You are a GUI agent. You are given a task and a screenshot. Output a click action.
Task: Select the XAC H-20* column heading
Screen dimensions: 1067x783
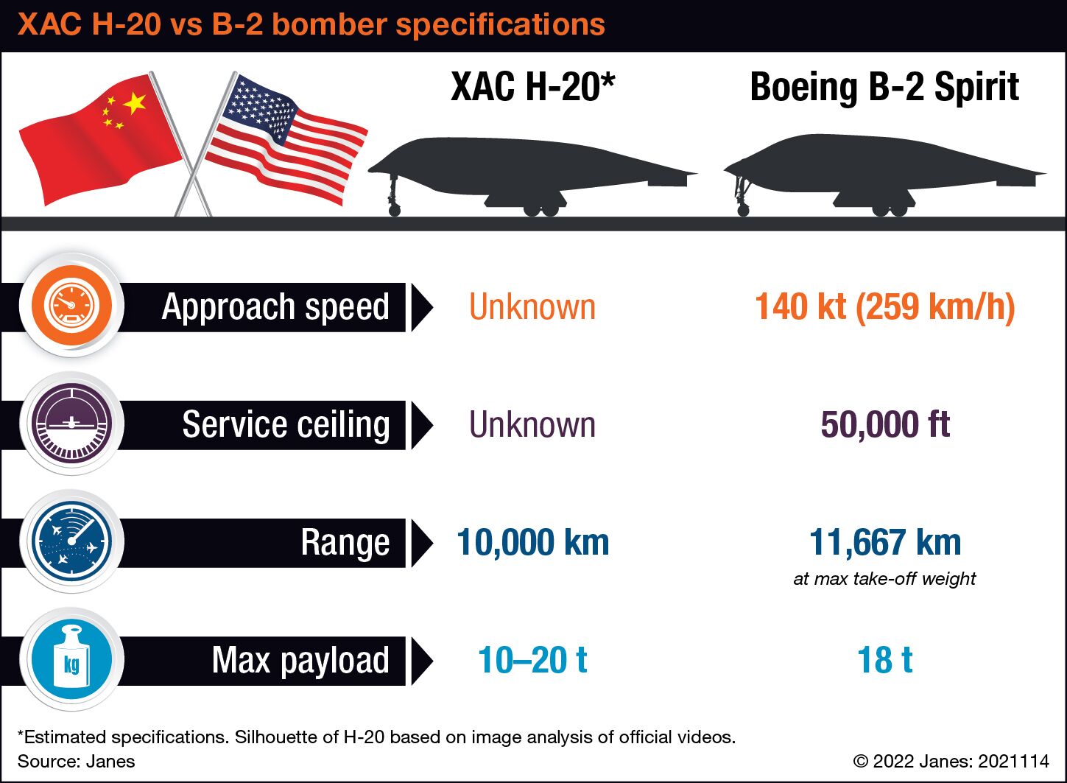tap(532, 87)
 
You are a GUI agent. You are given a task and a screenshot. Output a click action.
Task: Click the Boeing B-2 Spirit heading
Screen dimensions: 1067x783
tap(884, 88)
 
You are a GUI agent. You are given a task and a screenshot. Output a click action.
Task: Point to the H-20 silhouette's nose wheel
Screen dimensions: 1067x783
tap(395, 210)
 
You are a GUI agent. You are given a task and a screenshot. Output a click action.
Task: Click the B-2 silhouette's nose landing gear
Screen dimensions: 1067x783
tap(742, 195)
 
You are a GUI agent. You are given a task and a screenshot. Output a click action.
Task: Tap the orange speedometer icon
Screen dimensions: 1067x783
tap(71, 305)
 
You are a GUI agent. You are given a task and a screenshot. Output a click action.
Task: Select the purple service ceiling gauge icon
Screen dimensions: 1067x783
tap(71, 424)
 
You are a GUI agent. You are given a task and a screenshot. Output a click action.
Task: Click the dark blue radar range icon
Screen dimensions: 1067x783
tap(71, 541)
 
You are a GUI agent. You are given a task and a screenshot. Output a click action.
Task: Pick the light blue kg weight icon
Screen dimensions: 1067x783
tap(71, 659)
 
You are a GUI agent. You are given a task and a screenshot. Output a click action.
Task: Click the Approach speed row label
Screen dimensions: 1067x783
tap(275, 307)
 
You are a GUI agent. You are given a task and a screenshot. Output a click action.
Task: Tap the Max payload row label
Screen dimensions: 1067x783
tap(300, 661)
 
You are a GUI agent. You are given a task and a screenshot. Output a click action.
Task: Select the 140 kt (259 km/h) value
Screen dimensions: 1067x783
tap(885, 307)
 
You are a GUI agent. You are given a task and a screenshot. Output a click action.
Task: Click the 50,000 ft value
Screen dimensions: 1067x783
tap(885, 424)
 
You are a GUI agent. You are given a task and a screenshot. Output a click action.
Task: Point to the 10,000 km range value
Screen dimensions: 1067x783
tap(532, 542)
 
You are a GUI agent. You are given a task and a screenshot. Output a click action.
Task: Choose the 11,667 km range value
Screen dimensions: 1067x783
tap(885, 542)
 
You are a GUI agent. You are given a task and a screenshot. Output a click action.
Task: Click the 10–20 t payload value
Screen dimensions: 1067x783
tap(532, 660)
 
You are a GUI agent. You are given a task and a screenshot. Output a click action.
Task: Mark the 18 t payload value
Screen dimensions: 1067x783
tap(885, 660)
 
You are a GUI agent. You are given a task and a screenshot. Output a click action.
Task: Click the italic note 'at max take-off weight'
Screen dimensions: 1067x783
tap(884, 578)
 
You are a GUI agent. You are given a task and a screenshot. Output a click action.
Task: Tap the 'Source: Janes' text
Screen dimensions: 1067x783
tap(77, 761)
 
